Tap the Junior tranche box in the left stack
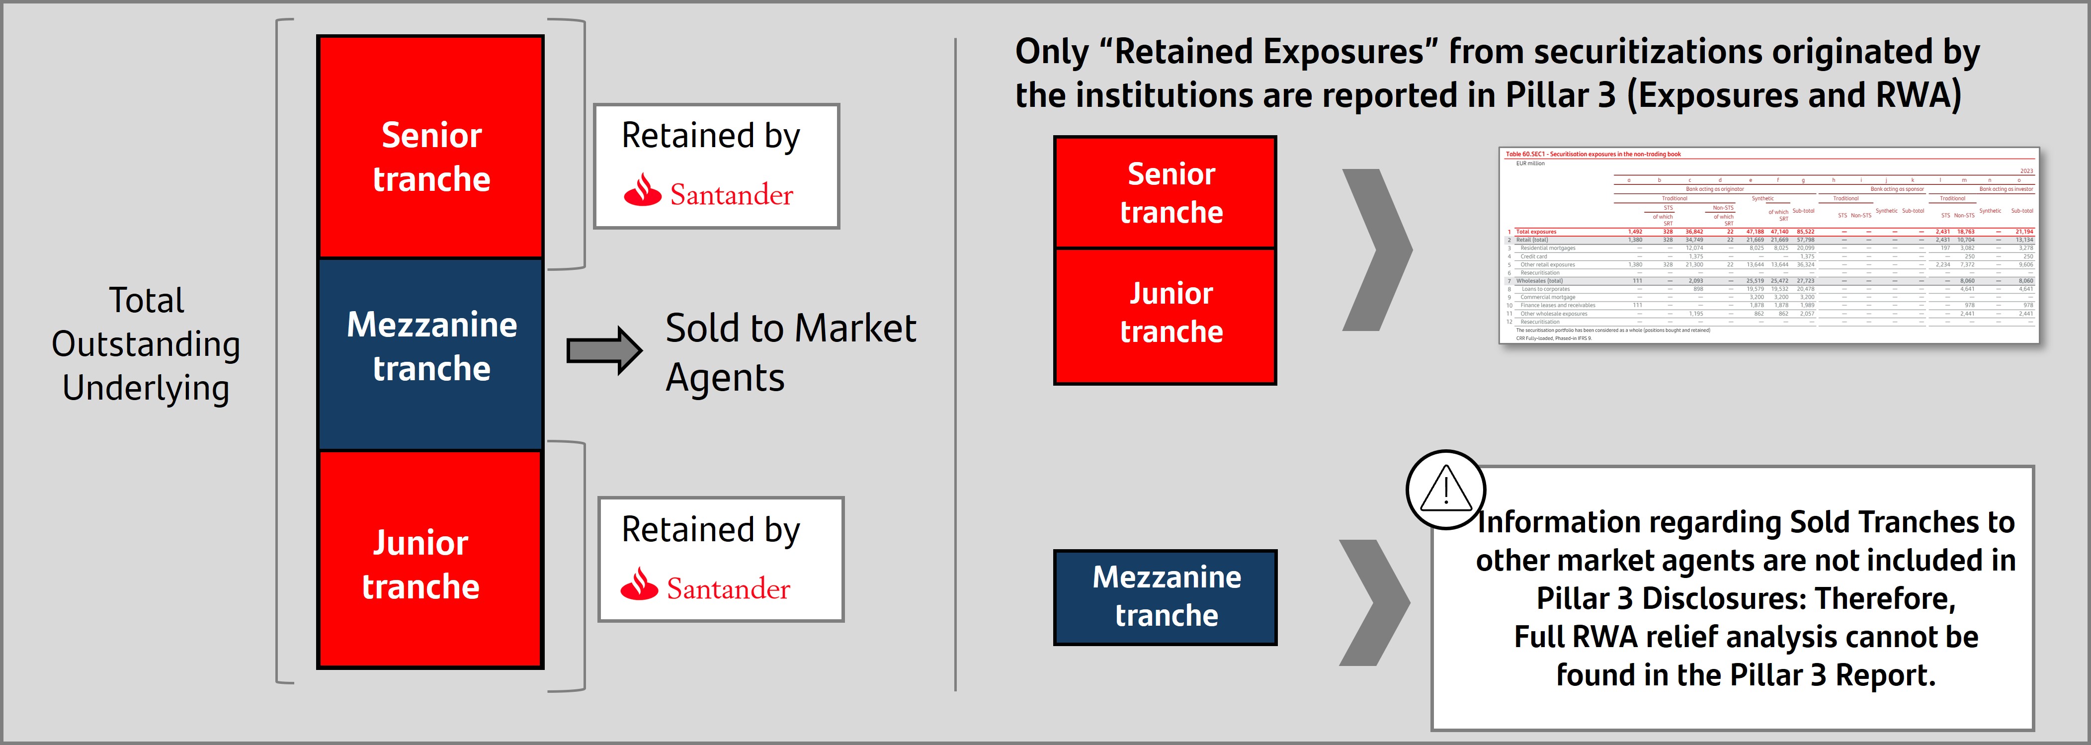(x=430, y=560)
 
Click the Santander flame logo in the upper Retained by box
(x=643, y=191)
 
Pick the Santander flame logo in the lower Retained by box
(x=640, y=585)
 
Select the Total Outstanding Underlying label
(x=146, y=344)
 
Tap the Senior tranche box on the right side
(x=1165, y=192)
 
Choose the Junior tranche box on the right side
(x=1165, y=316)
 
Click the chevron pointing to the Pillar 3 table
(x=1377, y=250)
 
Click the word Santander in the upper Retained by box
(x=731, y=195)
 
